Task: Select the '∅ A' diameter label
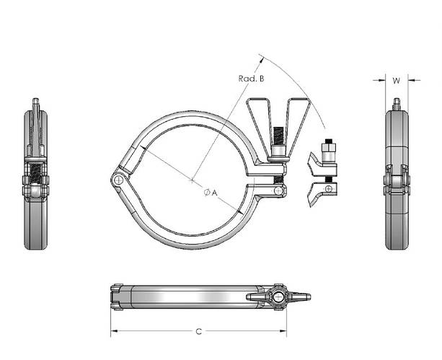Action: click(211, 192)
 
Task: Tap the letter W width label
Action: click(396, 81)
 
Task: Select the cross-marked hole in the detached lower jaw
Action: click(330, 189)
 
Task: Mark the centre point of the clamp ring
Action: click(193, 179)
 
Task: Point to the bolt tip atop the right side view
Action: click(395, 105)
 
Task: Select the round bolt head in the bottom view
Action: click(278, 297)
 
